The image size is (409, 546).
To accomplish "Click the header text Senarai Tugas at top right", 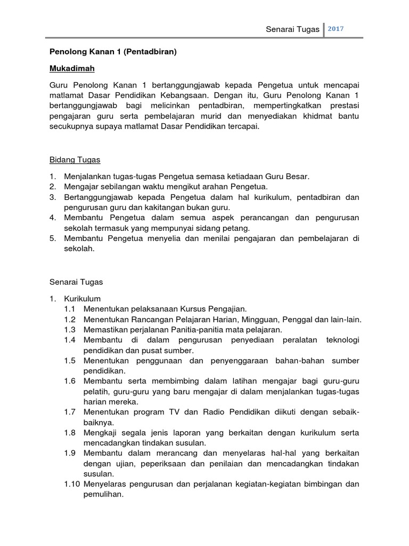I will (292, 29).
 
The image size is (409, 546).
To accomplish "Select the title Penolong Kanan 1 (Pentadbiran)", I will (113, 52).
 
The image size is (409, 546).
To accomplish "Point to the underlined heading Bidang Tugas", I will (75, 160).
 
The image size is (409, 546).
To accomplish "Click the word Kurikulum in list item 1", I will (82, 298).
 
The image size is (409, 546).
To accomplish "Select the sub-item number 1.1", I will (70, 309).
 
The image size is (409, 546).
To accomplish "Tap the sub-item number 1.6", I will (70, 381).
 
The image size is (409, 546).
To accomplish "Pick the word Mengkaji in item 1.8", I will (101, 432).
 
